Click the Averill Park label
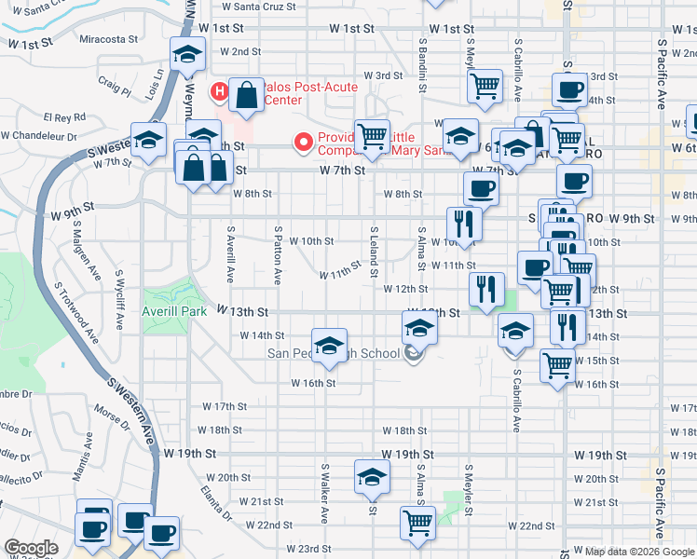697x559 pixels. click(x=174, y=311)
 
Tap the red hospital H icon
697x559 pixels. click(x=220, y=91)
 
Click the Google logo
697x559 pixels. click(x=31, y=548)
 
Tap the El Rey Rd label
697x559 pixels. click(x=64, y=118)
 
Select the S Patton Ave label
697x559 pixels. click(x=277, y=253)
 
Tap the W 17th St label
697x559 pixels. click(x=225, y=406)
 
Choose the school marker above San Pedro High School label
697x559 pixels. click(x=328, y=346)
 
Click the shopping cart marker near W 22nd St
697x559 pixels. click(x=417, y=522)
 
